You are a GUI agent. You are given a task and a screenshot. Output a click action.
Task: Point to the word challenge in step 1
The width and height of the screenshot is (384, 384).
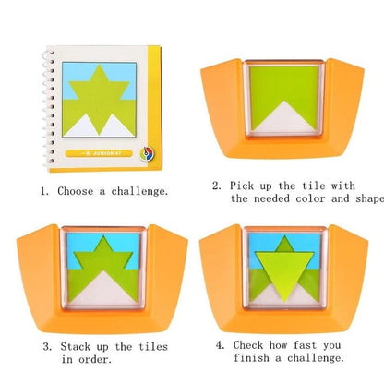point(139,192)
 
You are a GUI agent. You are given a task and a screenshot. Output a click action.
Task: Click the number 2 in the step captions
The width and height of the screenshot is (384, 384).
point(216,185)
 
